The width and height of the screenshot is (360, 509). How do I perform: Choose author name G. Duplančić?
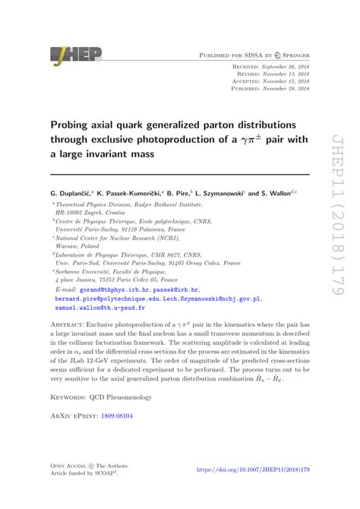[x=74, y=194]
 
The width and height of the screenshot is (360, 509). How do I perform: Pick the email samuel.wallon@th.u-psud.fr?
[x=99, y=310]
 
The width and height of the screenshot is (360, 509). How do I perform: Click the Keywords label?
[x=71, y=397]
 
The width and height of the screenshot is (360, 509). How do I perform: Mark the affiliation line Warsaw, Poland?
[x=79, y=246]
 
